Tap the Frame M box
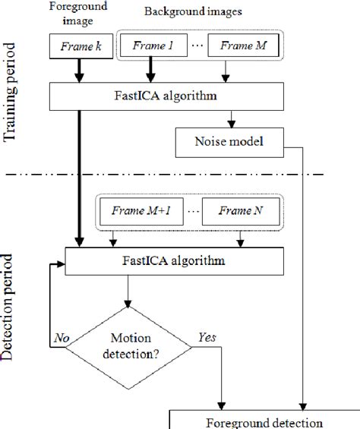(x=242, y=46)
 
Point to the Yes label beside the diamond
(x=206, y=335)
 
